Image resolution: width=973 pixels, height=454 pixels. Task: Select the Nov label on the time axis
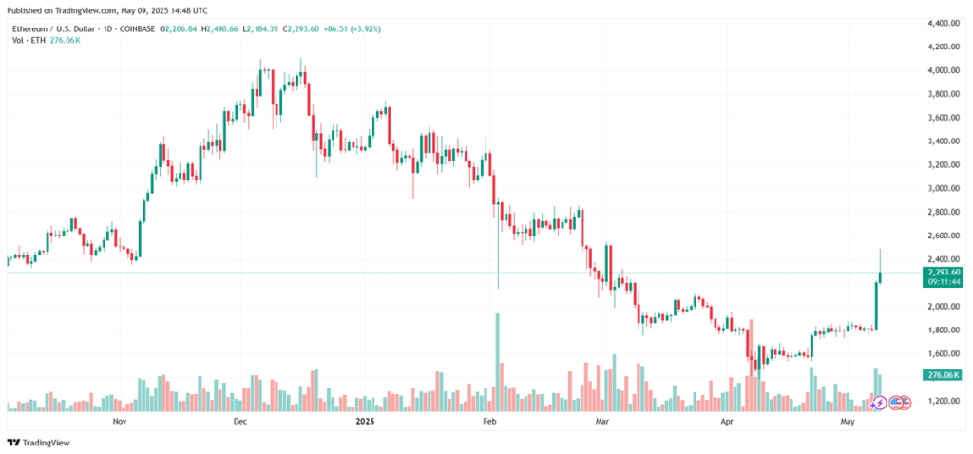click(x=119, y=419)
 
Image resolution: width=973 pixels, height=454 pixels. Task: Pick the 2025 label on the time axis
click(x=365, y=419)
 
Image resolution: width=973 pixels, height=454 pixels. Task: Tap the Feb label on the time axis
click(x=490, y=419)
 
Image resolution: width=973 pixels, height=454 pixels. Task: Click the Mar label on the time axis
click(x=601, y=419)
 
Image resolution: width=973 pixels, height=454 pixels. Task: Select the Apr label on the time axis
click(x=729, y=419)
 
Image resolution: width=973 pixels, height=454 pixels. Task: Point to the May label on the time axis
click(x=849, y=419)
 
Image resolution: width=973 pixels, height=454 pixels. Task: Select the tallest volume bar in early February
click(x=497, y=362)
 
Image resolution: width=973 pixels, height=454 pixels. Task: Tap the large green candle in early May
click(x=875, y=305)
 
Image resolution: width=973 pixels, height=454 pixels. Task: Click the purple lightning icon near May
click(x=879, y=403)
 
